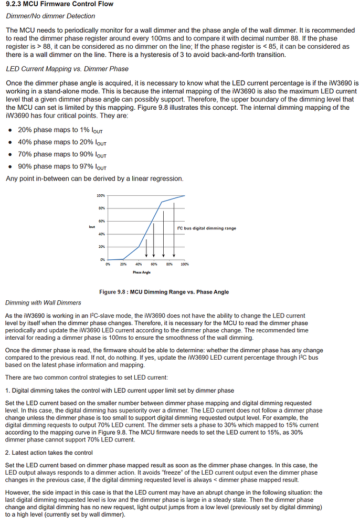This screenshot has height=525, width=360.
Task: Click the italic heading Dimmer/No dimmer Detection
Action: point(50,16)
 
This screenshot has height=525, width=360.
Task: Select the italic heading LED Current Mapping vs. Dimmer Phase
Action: point(67,69)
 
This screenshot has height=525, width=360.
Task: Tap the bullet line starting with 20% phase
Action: point(62,130)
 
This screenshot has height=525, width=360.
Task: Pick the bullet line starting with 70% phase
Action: point(62,155)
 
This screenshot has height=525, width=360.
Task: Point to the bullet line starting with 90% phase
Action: point(62,167)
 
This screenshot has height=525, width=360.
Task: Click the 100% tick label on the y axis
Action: point(101,196)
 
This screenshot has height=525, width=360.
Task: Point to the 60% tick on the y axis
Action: point(102,221)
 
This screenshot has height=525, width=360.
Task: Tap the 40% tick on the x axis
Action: point(139,264)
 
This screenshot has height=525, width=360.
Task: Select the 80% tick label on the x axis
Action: point(170,264)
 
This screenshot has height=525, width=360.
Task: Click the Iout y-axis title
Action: point(92,227)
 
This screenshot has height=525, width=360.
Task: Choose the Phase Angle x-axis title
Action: point(141,273)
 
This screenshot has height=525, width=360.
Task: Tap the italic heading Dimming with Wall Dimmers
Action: point(43,303)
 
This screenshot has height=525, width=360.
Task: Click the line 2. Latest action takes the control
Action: point(49,453)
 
